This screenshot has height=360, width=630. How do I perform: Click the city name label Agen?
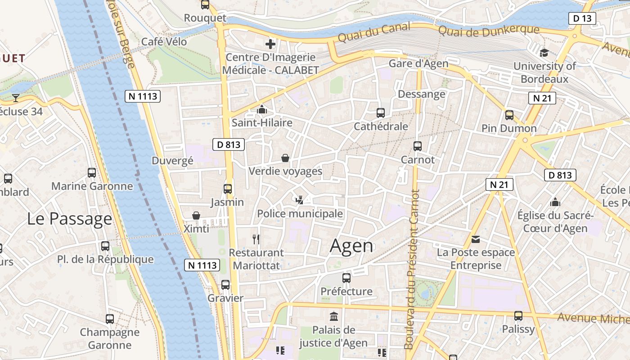click(x=351, y=246)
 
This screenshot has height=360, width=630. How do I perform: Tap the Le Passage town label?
click(x=69, y=219)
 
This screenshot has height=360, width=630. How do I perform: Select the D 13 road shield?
click(x=582, y=18)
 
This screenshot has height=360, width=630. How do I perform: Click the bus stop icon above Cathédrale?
click(x=381, y=113)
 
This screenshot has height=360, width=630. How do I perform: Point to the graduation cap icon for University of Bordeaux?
click(x=544, y=53)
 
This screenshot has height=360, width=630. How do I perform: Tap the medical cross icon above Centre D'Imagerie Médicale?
click(x=270, y=44)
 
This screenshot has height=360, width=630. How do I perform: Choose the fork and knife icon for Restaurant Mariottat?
click(x=256, y=239)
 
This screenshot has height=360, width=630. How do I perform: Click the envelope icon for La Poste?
click(x=476, y=239)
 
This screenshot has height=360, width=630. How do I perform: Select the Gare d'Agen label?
click(x=418, y=63)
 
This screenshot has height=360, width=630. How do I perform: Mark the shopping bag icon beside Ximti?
click(x=196, y=216)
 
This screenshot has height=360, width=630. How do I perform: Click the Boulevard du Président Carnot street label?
click(x=411, y=270)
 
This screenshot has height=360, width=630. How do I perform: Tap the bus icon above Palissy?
click(x=518, y=316)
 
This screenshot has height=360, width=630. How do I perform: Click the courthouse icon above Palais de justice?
click(x=334, y=316)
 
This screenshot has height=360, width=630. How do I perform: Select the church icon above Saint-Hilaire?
click(x=262, y=109)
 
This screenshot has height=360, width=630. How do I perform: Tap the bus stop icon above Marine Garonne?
click(x=92, y=173)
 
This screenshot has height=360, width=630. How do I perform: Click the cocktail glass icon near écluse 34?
click(x=16, y=98)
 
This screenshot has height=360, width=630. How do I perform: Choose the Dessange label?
click(x=422, y=94)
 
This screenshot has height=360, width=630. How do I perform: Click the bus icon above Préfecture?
click(x=346, y=278)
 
